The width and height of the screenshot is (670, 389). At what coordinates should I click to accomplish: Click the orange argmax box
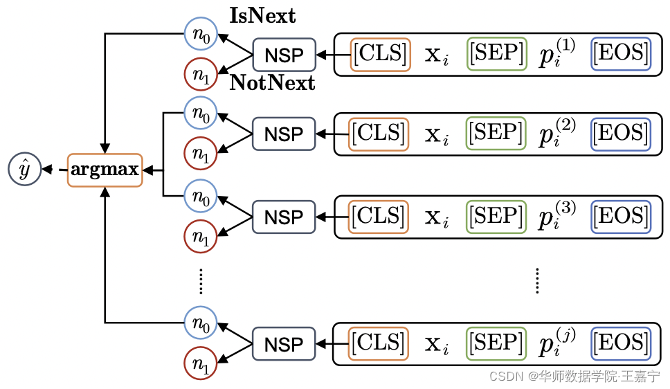(x=105, y=170)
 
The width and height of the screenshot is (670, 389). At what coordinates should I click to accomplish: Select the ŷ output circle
(x=24, y=170)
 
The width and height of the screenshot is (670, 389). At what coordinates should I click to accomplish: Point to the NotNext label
(x=272, y=84)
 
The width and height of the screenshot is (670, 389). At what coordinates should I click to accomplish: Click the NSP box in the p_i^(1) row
(x=284, y=55)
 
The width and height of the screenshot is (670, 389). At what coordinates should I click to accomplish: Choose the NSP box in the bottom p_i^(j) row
(x=284, y=344)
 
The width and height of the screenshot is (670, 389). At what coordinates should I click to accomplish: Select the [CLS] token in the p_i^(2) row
(x=379, y=134)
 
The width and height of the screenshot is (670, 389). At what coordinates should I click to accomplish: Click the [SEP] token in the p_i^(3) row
(x=496, y=216)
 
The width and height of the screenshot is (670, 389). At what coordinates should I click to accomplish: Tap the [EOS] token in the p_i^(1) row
(x=621, y=53)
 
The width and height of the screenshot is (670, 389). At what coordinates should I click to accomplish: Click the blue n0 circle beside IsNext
(x=200, y=33)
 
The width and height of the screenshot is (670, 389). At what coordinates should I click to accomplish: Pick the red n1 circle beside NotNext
(x=200, y=76)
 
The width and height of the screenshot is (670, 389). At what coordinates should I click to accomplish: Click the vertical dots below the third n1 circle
(x=200, y=280)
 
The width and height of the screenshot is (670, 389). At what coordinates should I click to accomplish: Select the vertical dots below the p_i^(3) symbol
(x=537, y=280)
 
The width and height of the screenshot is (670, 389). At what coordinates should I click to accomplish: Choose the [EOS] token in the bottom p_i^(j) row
(x=621, y=343)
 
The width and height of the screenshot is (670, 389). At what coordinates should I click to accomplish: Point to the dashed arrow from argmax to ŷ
(x=53, y=170)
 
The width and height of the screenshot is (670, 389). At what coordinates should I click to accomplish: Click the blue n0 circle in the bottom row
(x=200, y=322)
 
